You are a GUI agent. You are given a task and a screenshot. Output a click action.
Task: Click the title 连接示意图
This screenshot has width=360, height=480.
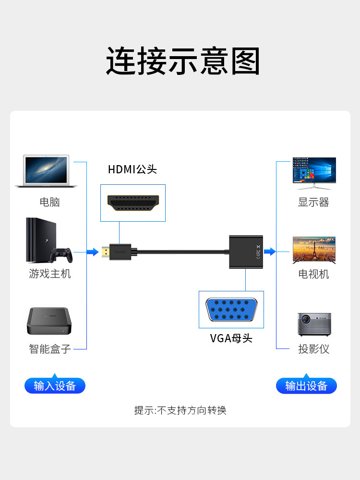tap(183, 61)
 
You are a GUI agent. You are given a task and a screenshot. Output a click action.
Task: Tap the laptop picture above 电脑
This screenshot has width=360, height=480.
tap(46, 171)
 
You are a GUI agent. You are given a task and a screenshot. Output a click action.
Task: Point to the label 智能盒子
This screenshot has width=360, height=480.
tap(50, 348)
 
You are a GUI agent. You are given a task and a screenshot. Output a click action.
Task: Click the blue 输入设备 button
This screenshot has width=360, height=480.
tap(55, 386)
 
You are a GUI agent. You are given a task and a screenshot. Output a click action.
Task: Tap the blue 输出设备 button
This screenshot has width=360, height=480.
tap(306, 386)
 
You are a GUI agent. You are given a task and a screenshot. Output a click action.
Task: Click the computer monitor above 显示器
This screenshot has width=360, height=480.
tap(314, 171)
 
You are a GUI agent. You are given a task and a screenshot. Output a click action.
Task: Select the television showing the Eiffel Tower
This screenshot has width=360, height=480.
tap(314, 250)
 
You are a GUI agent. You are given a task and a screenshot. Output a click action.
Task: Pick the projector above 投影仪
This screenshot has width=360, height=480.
tap(314, 324)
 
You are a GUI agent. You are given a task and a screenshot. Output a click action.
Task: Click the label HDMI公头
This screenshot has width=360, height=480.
tap(132, 169)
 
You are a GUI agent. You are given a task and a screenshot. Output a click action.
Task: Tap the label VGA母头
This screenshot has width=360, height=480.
tap(231, 338)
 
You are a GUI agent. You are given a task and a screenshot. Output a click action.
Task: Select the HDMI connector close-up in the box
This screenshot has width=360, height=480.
tap(133, 203)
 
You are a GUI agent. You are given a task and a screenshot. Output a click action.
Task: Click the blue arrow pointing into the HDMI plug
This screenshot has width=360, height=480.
tap(93, 252)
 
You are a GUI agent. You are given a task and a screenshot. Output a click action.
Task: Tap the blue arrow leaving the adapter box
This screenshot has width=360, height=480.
tap(270, 252)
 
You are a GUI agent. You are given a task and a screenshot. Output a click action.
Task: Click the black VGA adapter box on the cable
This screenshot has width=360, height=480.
tap(246, 252)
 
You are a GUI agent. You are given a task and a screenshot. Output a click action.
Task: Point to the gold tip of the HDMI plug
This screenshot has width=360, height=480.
tap(105, 252)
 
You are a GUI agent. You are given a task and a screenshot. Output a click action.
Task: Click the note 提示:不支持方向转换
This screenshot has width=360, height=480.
tap(180, 410)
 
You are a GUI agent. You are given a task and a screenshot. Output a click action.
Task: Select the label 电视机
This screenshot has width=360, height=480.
tap(314, 274)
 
